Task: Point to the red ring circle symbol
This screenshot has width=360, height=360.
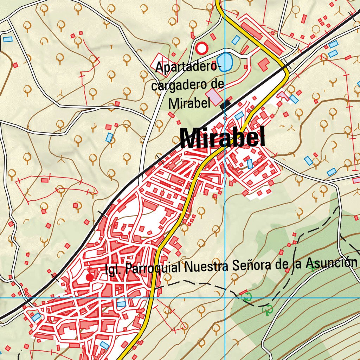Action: pyautogui.click(x=202, y=48)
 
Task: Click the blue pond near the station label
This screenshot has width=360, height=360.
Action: pyautogui.click(x=225, y=62)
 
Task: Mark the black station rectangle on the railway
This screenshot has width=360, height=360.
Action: pyautogui.click(x=225, y=104)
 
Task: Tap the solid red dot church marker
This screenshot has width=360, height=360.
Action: pyautogui.click(x=90, y=277)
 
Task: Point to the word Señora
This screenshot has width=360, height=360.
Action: pyautogui.click(x=252, y=265)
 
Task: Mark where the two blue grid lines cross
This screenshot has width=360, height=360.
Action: pyautogui.click(x=225, y=298)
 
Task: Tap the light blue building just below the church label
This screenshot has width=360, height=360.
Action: pyautogui.click(x=121, y=304)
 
